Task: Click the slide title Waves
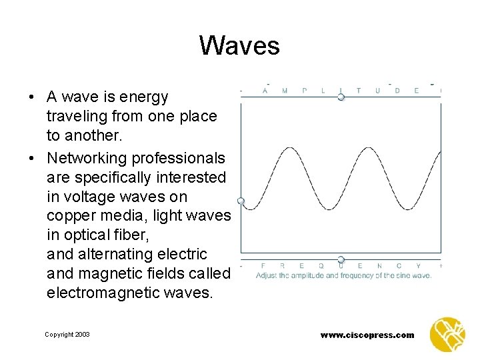pos(239,46)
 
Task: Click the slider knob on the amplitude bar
pos(341,97)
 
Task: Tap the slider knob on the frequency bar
pos(341,259)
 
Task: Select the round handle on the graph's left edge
pos(241,201)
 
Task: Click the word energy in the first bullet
pos(146,97)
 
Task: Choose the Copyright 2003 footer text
pos(67,334)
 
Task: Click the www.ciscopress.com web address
pos(367,335)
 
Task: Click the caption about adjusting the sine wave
pos(343,275)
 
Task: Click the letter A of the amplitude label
pos(266,91)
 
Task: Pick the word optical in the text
pos(85,235)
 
